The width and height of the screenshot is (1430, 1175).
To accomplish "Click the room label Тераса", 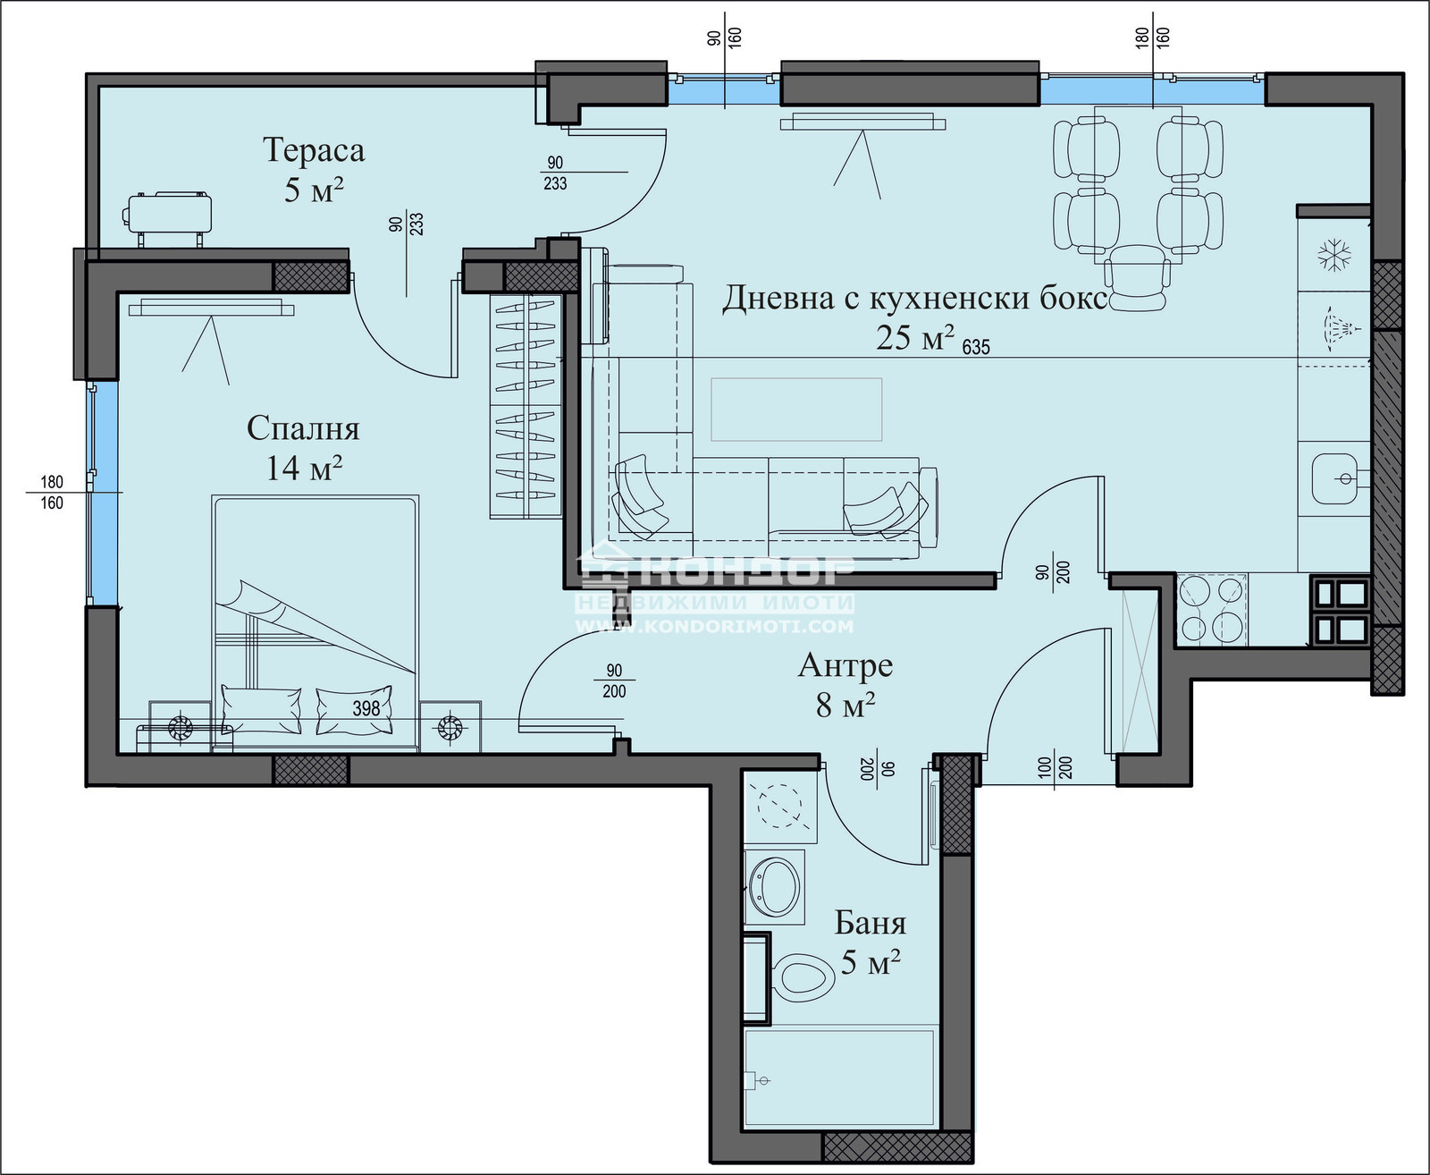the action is coord(314,150).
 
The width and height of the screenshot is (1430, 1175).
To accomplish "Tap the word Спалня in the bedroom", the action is coord(303,428).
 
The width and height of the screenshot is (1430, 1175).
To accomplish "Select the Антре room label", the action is coord(845,666).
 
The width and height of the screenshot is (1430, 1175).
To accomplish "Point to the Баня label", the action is coord(871,924).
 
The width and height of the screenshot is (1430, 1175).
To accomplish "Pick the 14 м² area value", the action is coord(304,468).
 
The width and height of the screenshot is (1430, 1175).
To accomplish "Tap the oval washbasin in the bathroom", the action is coord(774,887).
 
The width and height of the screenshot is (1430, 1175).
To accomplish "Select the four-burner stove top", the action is coord(1212,609).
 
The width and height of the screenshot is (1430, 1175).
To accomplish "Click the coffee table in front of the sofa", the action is coord(796,410).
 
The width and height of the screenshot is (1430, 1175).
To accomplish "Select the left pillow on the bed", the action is coord(261,709).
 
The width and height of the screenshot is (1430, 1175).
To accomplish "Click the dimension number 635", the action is coord(976,347).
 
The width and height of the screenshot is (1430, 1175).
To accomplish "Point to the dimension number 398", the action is coord(366,709).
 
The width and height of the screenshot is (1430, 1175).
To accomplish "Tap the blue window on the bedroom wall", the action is coord(104,494).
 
